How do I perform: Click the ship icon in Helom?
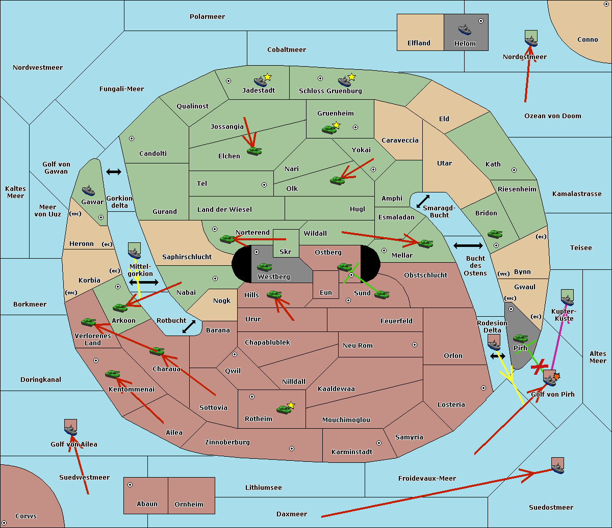pos(465,29)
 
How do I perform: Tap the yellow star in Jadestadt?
pos(267,77)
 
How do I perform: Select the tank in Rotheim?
pos(284,409)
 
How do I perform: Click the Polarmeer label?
pos(207,17)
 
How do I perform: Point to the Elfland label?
pos(419,43)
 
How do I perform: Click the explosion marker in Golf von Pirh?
pos(556,376)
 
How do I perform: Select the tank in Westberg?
pos(264,267)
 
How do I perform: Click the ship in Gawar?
pos(89,190)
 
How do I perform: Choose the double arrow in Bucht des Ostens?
pos(468,246)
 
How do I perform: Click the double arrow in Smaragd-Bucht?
pos(423,202)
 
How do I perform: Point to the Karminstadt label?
pos(352,452)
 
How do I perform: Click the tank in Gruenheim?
pos(329,129)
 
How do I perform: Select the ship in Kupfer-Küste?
pos(567,300)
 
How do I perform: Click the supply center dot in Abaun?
pos(130,485)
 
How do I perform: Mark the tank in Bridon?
pos(494,234)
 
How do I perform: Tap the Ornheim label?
pos(189,505)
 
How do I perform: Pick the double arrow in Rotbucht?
pos(189,326)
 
